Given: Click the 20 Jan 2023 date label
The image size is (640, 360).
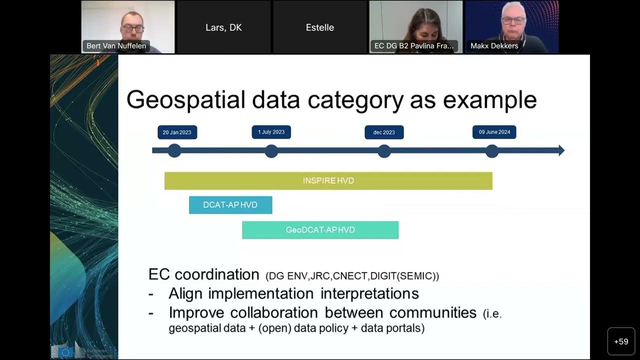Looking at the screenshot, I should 177,132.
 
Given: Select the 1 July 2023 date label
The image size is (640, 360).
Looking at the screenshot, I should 271,132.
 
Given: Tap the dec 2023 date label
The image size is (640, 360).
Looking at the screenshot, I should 384,132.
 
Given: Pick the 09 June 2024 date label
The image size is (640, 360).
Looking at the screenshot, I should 494,132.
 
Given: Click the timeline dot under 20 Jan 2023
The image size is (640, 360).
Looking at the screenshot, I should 174,150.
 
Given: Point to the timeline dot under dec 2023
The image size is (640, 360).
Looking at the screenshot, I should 384,150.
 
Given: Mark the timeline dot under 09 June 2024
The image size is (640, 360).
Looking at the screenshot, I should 492,150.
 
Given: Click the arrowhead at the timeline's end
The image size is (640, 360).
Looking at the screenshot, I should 560,150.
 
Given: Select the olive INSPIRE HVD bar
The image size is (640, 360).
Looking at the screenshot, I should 328,180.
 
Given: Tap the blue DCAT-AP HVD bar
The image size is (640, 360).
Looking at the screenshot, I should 230,205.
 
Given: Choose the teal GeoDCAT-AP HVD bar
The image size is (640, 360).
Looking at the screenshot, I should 320,230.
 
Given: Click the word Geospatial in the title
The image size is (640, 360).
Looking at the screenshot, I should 185,100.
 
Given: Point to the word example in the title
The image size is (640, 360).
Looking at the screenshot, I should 489,100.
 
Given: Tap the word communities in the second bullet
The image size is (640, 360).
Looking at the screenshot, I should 433,313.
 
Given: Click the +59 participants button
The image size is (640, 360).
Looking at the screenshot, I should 621,341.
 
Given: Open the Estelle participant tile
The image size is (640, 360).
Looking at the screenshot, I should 320,27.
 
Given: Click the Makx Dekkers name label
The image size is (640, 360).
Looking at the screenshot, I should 494,46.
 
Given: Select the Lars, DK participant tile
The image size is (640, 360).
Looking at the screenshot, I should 223,27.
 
